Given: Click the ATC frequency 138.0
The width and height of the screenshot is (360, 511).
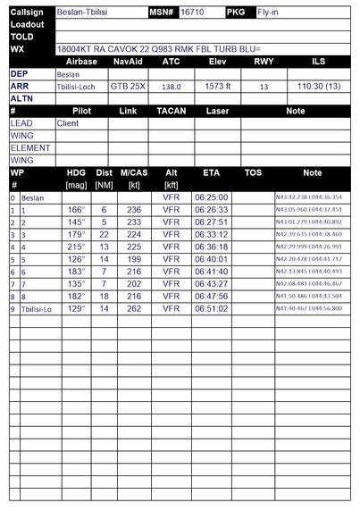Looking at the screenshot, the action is click(x=171, y=87).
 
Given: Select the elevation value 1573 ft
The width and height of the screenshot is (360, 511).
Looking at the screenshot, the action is click(x=217, y=87).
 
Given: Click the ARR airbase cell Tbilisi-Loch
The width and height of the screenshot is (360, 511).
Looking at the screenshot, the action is click(x=78, y=87).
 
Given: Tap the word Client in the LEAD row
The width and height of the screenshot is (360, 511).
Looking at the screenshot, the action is click(x=67, y=123).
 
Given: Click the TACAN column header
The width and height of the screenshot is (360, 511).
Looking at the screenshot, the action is click(x=171, y=111).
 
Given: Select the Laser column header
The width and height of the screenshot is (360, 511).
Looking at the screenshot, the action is click(x=217, y=111).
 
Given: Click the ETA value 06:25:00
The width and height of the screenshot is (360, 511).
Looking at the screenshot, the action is click(x=211, y=197).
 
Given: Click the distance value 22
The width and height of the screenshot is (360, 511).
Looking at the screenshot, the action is click(x=104, y=234).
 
